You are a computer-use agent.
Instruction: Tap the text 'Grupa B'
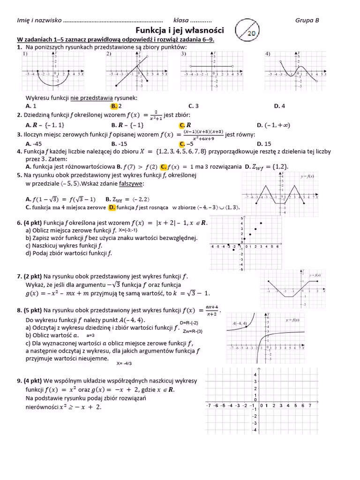point(307,20)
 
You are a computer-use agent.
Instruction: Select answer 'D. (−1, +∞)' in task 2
point(273,125)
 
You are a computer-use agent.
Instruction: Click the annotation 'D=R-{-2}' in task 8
point(192,323)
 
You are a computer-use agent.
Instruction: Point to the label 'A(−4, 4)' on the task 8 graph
point(240,323)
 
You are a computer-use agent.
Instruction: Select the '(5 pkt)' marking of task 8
point(33,310)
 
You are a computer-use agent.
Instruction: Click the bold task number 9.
point(19,380)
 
